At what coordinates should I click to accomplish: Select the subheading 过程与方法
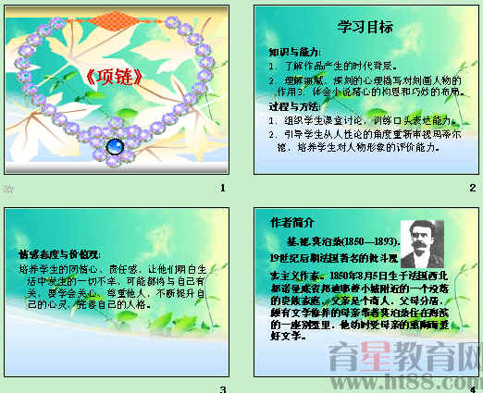click(x=294, y=107)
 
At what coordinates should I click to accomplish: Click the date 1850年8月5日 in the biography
click(x=349, y=276)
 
